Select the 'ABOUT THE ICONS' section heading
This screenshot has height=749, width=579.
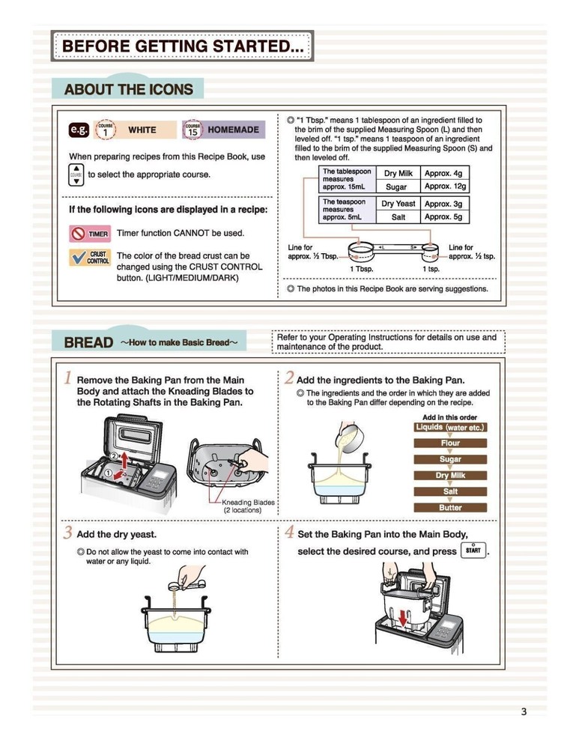128,90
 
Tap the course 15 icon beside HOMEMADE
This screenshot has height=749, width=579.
193,130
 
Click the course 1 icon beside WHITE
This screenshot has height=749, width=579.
106,130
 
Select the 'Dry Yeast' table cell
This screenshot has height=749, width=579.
398,204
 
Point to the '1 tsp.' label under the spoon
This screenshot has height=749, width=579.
431,268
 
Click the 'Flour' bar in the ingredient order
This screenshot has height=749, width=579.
450,443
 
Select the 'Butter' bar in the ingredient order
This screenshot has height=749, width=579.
450,508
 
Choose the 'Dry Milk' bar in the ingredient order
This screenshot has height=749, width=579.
450,476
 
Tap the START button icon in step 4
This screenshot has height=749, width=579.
473,551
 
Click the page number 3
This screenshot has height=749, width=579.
524,712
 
